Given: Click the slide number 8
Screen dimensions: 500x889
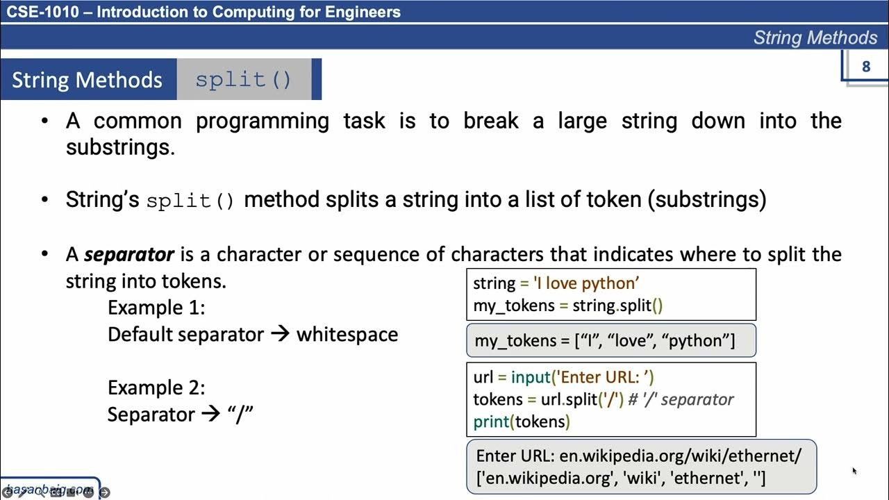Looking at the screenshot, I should [865, 67].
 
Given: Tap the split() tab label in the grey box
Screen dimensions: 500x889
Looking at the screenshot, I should [243, 79].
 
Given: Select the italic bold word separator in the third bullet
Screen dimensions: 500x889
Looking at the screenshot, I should [129, 254].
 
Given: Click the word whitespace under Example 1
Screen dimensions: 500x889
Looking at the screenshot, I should [347, 334].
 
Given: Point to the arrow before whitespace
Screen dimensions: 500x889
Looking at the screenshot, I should [279, 334].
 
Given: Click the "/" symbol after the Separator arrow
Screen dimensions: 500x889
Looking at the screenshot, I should [240, 415].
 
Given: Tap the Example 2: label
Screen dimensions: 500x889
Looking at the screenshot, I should [156, 387].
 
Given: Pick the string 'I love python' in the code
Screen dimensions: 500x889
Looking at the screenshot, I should [585, 283].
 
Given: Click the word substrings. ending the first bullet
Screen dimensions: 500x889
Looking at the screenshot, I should [120, 147].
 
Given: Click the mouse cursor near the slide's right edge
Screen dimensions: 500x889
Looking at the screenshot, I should [854, 472].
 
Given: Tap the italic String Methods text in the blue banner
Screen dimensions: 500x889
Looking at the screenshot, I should [815, 37].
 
